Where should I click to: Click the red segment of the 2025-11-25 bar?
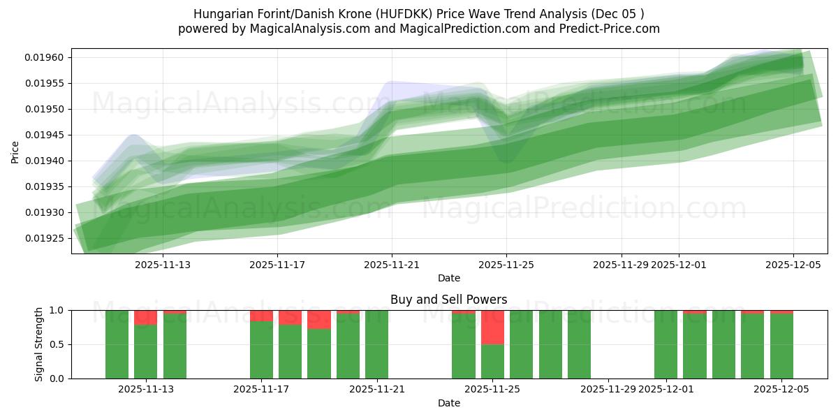click(492, 327)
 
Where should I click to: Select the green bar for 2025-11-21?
click(376, 344)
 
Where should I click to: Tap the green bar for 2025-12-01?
click(666, 344)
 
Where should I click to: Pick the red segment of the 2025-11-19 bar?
click(319, 320)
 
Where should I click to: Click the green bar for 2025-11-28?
click(579, 344)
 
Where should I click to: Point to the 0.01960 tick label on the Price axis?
click(45, 57)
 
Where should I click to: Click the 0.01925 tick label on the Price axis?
click(45, 238)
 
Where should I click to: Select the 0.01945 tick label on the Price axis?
click(45, 135)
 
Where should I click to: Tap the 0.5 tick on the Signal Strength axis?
click(58, 344)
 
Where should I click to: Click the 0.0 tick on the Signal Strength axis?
click(58, 378)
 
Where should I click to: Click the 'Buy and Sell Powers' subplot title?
click(449, 300)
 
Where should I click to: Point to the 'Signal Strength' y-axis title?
click(39, 344)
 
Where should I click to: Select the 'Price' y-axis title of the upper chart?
click(15, 151)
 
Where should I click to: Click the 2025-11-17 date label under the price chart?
click(277, 265)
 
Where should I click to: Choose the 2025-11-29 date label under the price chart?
click(621, 265)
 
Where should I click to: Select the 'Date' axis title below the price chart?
click(449, 278)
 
